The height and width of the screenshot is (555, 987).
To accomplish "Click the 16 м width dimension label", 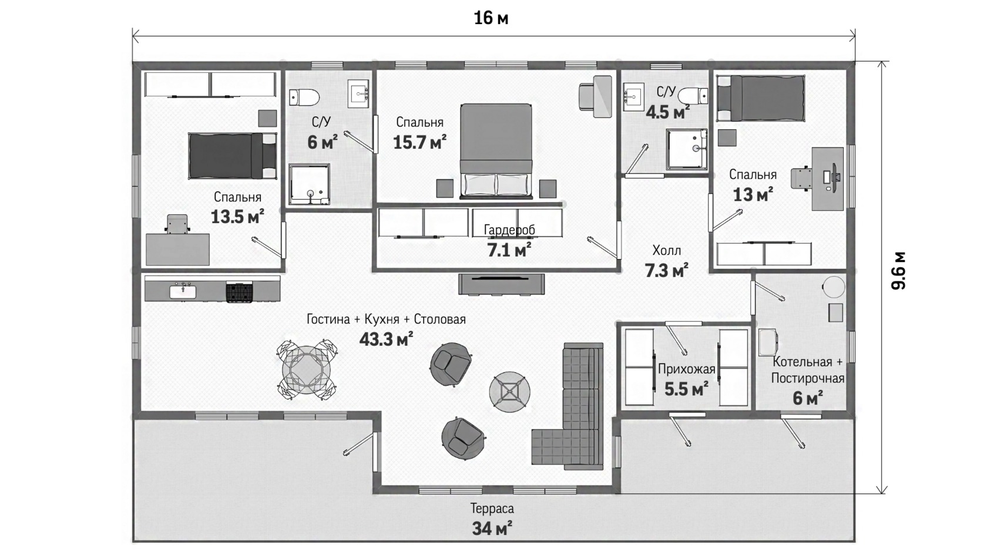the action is click(x=491, y=18).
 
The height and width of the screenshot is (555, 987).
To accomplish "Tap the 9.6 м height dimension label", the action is click(x=898, y=270).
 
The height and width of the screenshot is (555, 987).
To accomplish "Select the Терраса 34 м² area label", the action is click(x=492, y=519).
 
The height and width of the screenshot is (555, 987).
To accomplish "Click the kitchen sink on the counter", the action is click(x=183, y=291).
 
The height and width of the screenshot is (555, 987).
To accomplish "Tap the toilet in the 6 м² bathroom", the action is click(x=304, y=97).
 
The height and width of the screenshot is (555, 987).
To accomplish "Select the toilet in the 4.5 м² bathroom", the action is click(x=693, y=96).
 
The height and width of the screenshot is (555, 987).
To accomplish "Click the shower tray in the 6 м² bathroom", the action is click(x=309, y=184).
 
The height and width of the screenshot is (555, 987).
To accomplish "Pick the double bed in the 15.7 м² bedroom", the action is click(x=496, y=151).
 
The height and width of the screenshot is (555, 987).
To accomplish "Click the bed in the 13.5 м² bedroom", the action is click(x=233, y=156).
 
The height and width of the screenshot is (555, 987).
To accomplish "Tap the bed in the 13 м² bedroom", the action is click(x=760, y=98).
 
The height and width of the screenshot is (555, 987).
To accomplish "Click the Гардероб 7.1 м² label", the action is click(x=509, y=241).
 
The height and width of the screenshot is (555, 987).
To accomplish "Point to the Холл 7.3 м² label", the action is click(x=667, y=261).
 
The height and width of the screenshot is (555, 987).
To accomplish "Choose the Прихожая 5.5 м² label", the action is click(x=686, y=379).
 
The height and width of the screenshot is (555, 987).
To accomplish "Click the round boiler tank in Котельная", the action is click(x=834, y=287).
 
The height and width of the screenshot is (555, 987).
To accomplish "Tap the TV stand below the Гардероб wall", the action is click(x=502, y=284).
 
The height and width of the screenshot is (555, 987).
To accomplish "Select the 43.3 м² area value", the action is click(x=387, y=339).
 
